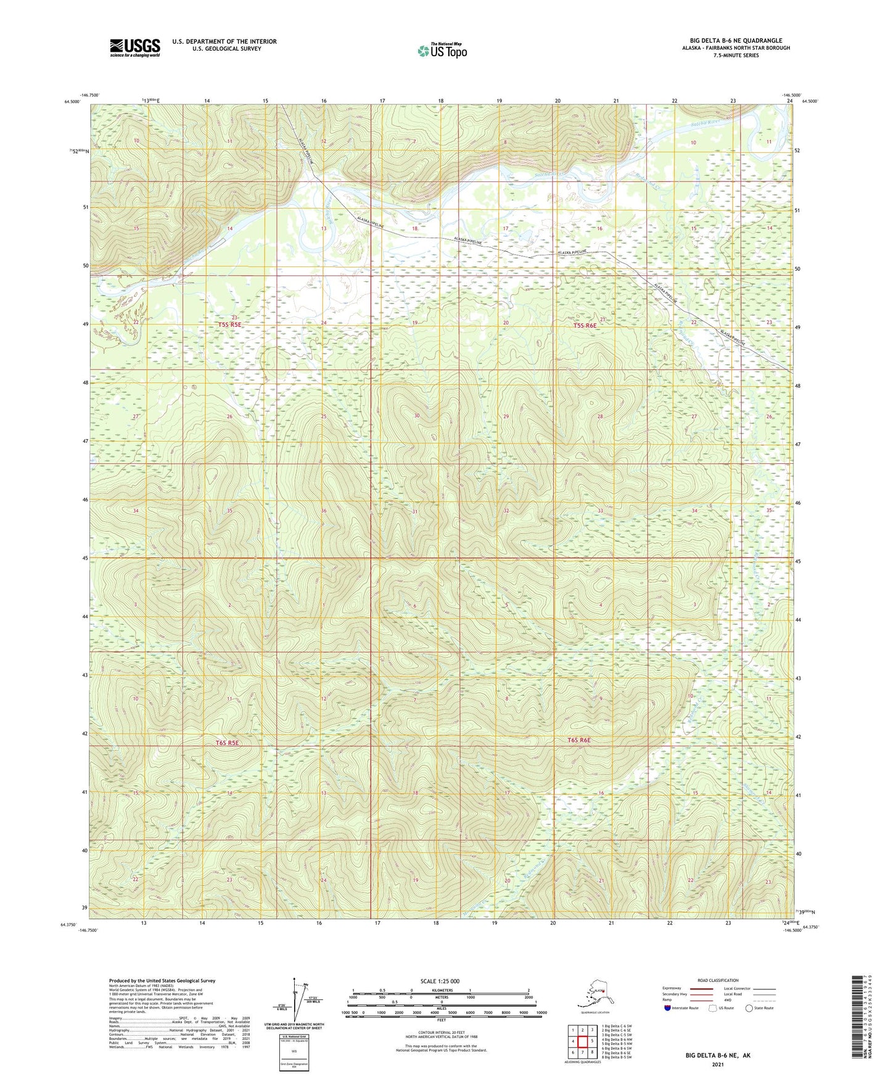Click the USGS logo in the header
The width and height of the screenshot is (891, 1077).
click(135, 47)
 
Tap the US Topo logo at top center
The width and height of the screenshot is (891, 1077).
click(441, 51)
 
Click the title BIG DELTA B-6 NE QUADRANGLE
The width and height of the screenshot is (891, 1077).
click(736, 41)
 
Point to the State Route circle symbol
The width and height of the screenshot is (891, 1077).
click(749, 1008)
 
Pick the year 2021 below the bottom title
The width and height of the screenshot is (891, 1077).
click(717, 1064)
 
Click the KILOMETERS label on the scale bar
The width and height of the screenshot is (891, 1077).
click(440, 990)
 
